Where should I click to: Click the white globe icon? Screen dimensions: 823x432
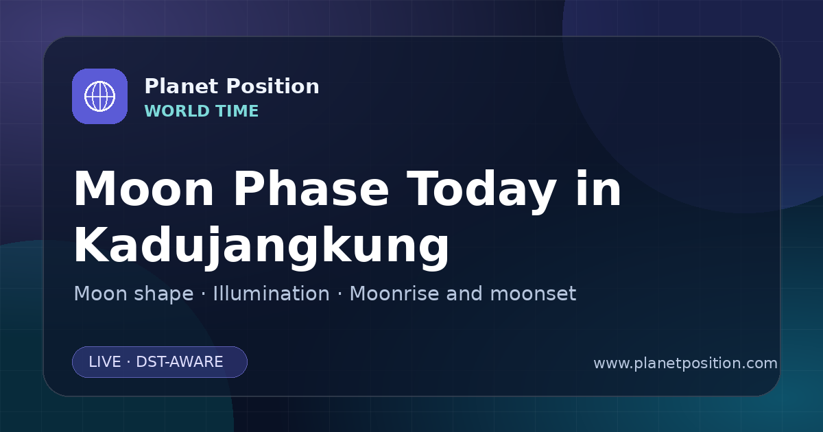(x=100, y=97)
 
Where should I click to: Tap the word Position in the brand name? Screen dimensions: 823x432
(x=273, y=86)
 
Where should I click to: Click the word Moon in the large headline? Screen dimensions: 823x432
(x=144, y=189)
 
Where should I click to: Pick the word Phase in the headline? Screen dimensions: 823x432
(x=311, y=189)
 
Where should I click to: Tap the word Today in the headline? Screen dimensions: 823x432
(x=481, y=192)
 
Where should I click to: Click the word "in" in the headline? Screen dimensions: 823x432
(x=599, y=189)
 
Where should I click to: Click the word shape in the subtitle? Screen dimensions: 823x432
(x=163, y=294)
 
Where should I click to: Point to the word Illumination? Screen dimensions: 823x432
(x=272, y=293)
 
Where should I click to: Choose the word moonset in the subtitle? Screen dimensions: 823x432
(x=533, y=294)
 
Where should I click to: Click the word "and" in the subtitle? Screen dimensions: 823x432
(x=464, y=293)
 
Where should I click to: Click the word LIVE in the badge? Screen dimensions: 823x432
(x=105, y=362)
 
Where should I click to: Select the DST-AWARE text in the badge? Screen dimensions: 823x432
(x=180, y=362)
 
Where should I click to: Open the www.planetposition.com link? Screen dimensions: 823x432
(x=686, y=363)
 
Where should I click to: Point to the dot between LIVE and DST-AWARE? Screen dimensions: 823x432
(x=129, y=362)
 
